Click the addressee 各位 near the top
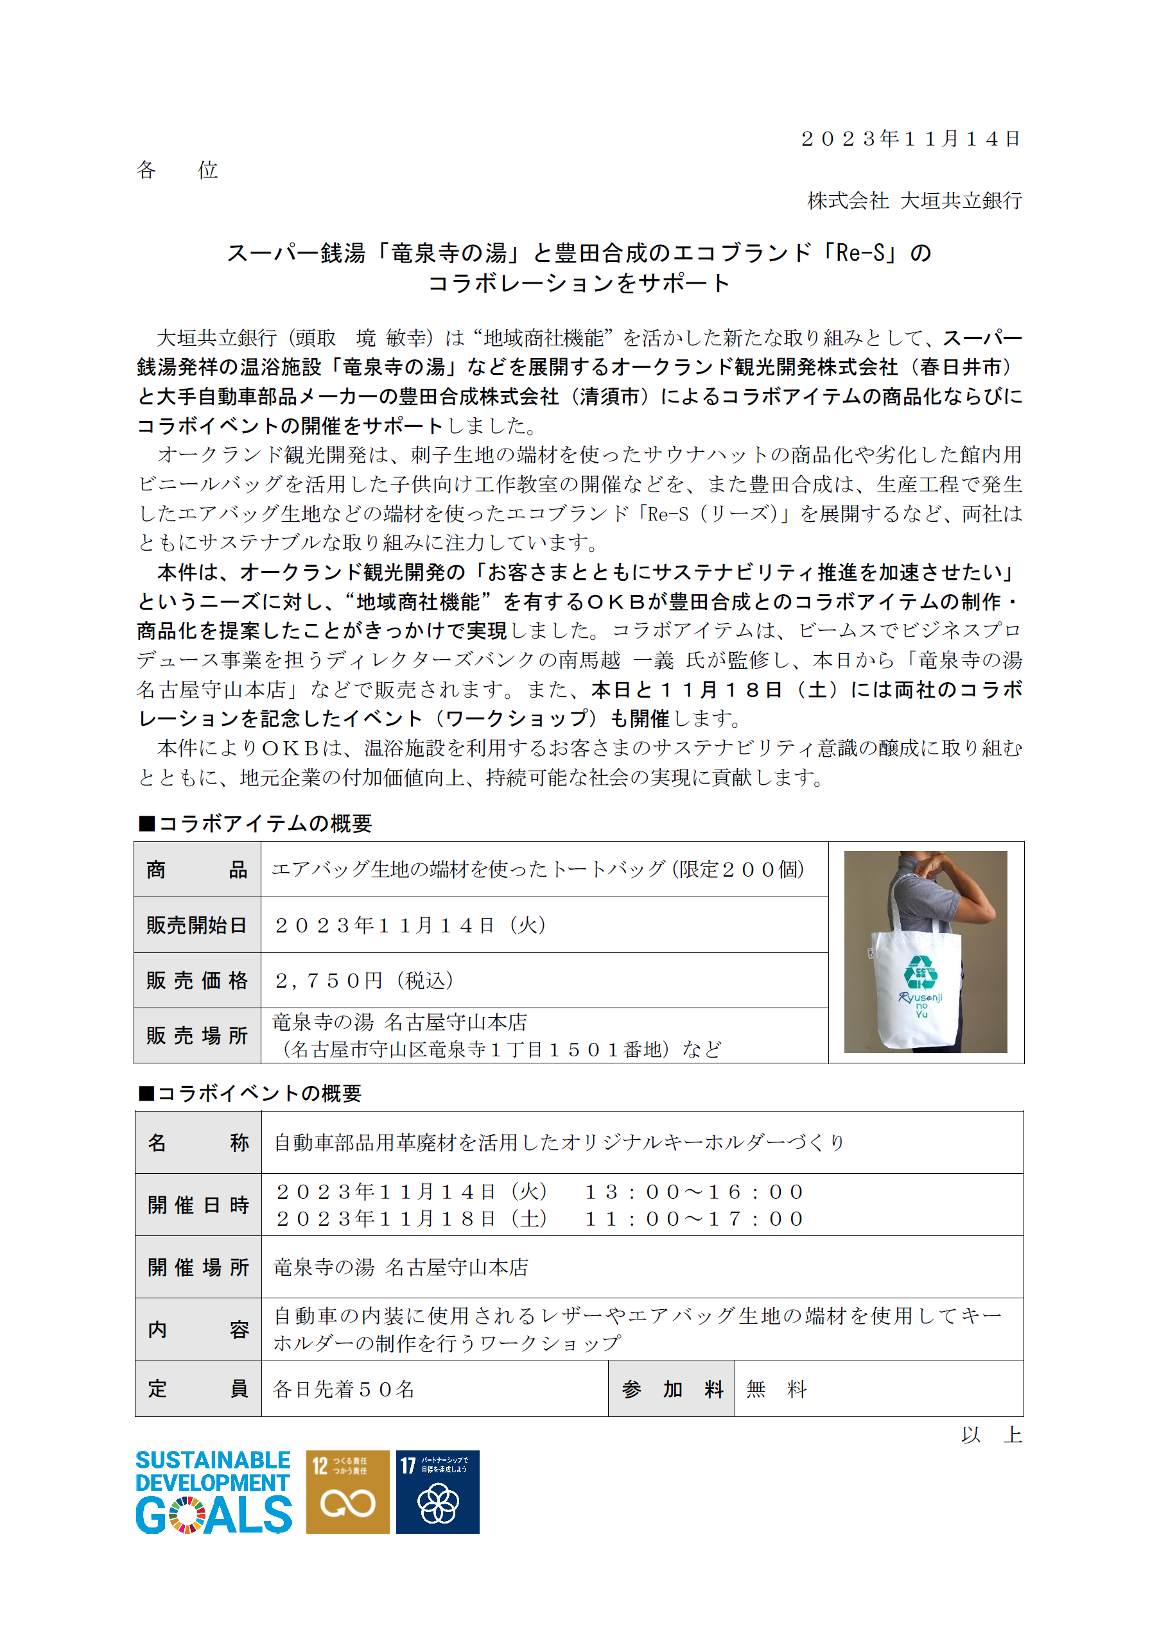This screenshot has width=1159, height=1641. tap(177, 170)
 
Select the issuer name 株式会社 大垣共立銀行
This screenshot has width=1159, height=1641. tap(914, 201)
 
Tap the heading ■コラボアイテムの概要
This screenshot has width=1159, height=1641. tap(254, 823)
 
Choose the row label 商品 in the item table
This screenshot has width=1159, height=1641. tap(196, 869)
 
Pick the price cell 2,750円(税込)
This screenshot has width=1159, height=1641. tap(364, 981)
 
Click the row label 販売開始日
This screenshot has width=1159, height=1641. tap(196, 925)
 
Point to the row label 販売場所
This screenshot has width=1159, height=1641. tap(196, 1036)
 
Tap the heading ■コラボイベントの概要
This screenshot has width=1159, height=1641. tap(250, 1093)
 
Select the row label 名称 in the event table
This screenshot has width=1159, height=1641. tap(198, 1142)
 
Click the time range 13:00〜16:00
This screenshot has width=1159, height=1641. tap(694, 1191)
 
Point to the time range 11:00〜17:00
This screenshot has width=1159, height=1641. tap(694, 1219)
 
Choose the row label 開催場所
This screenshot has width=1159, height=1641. tap(198, 1267)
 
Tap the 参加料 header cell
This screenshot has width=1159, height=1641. tap(672, 1389)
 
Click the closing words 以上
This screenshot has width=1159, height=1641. tap(991, 1434)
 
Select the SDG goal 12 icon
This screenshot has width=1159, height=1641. tap(347, 1492)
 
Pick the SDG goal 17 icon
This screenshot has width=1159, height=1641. tap(437, 1492)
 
